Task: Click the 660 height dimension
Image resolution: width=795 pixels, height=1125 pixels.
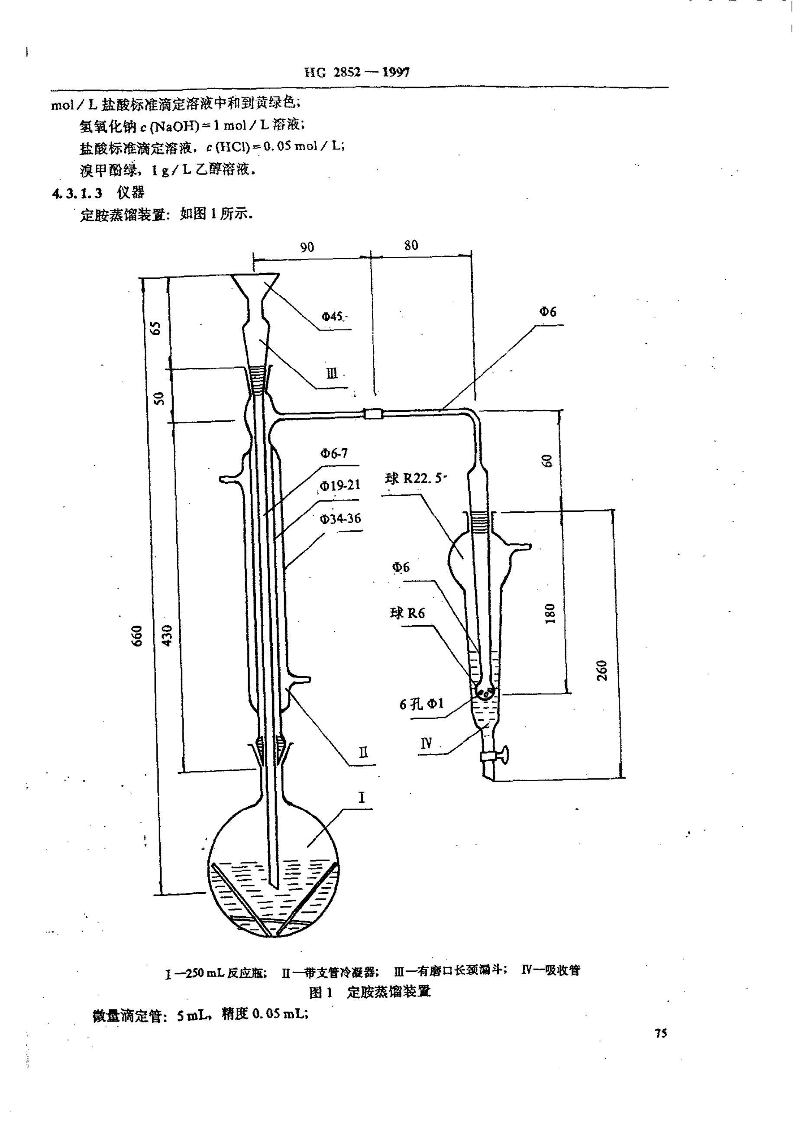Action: tap(137, 636)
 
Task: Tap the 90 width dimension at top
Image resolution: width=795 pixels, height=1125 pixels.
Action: tap(307, 246)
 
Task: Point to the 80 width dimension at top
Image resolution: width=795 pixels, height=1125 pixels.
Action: tap(411, 245)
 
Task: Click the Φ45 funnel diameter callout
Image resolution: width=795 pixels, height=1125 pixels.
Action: tap(332, 317)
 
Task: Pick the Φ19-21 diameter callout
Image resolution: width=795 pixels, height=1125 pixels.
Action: tap(340, 485)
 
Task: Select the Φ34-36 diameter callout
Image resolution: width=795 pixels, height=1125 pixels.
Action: tap(340, 518)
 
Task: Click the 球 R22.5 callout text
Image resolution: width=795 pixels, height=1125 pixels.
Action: tap(414, 478)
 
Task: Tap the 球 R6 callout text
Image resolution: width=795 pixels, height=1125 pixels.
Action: tap(407, 613)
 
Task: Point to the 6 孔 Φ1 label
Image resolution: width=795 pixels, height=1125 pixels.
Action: tap(421, 704)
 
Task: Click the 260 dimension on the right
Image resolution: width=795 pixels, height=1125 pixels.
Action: tap(602, 670)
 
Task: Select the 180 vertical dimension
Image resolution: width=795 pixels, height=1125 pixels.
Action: tap(550, 613)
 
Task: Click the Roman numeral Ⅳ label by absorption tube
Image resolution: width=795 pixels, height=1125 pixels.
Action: tap(426, 744)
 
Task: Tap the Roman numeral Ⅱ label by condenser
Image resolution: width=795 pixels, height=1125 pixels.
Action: tap(363, 752)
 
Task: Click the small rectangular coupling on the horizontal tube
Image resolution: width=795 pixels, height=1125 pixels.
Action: tap(373, 414)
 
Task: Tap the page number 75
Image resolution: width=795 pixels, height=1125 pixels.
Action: tap(661, 1033)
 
